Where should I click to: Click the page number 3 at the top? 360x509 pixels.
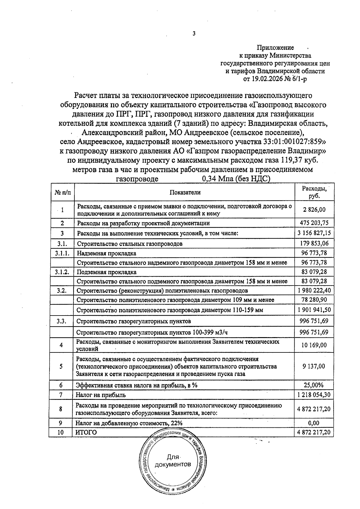click(x=194, y=34)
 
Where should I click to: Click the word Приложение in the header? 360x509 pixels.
click(x=275, y=48)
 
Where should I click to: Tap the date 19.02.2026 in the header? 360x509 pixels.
click(x=266, y=79)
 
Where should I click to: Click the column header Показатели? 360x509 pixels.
click(x=185, y=193)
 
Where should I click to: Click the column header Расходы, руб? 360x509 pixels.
click(x=314, y=192)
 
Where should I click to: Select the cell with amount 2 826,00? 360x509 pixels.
click(x=314, y=210)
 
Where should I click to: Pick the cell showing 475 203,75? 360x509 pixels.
click(x=314, y=223)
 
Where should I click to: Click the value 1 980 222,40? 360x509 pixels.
click(x=314, y=290)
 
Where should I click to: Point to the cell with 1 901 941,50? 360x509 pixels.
click(x=314, y=310)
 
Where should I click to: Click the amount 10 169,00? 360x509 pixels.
click(x=314, y=345)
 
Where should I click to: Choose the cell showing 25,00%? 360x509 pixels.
click(x=314, y=385)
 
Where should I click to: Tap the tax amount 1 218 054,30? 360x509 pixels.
click(x=314, y=395)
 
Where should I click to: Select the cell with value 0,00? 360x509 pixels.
click(x=314, y=423)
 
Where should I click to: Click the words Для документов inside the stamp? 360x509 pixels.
click(x=172, y=461)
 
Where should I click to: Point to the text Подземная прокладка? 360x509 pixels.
click(x=106, y=272)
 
